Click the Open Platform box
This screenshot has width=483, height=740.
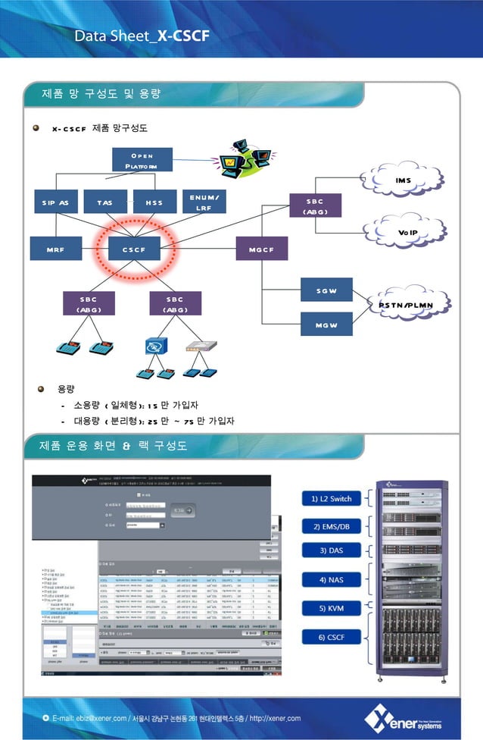point(142,160)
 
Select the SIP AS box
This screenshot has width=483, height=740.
point(55,202)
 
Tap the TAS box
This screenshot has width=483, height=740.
point(104,202)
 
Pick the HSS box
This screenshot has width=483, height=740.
point(154,202)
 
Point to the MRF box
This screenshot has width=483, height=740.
point(55,249)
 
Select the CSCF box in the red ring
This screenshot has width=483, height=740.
point(134,249)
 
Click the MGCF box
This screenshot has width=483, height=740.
point(261,249)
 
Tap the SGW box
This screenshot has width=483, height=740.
point(326,291)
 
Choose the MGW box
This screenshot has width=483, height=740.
point(326,325)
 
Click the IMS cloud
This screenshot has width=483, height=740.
point(403,180)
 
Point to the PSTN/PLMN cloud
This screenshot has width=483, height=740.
point(406,305)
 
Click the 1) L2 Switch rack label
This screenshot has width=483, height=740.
point(327,498)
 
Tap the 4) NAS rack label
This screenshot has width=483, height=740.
point(327,579)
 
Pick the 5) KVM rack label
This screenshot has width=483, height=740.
point(327,608)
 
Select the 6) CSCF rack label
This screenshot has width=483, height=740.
point(327,638)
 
